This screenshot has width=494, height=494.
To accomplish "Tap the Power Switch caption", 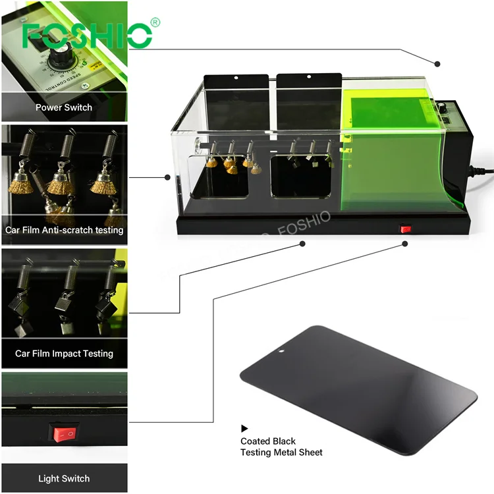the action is pos(64,107).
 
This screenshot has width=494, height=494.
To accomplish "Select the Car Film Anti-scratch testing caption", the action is pos(64,230).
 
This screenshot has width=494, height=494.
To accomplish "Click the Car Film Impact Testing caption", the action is pos(64,354).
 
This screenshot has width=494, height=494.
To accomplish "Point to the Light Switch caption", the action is pos(64,478).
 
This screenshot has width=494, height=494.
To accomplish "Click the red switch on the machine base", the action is pos(406,229).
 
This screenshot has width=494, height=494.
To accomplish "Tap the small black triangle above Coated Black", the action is pos(245,428).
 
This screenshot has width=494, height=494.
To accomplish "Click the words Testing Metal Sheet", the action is pos(281,453).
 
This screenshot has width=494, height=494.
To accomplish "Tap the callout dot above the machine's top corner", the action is pos(437,63).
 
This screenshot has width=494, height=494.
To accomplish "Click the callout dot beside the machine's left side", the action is pos(167,177).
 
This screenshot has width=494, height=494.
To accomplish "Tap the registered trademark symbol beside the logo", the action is pos(156,23).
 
